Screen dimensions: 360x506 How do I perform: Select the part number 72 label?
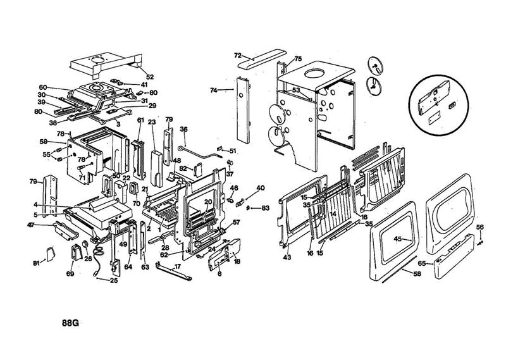(238, 56)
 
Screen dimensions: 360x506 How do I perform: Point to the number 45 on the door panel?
(398, 239)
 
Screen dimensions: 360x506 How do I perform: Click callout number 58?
(417, 274)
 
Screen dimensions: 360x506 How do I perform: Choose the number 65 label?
(422, 263)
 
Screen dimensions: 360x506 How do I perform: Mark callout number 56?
(479, 227)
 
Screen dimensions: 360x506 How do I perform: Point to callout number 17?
(178, 266)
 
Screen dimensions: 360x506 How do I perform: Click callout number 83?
(266, 208)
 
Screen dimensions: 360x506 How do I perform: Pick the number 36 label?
(184, 129)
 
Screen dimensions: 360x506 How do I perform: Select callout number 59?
(44, 141)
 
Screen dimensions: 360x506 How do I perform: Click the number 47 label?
(30, 225)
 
